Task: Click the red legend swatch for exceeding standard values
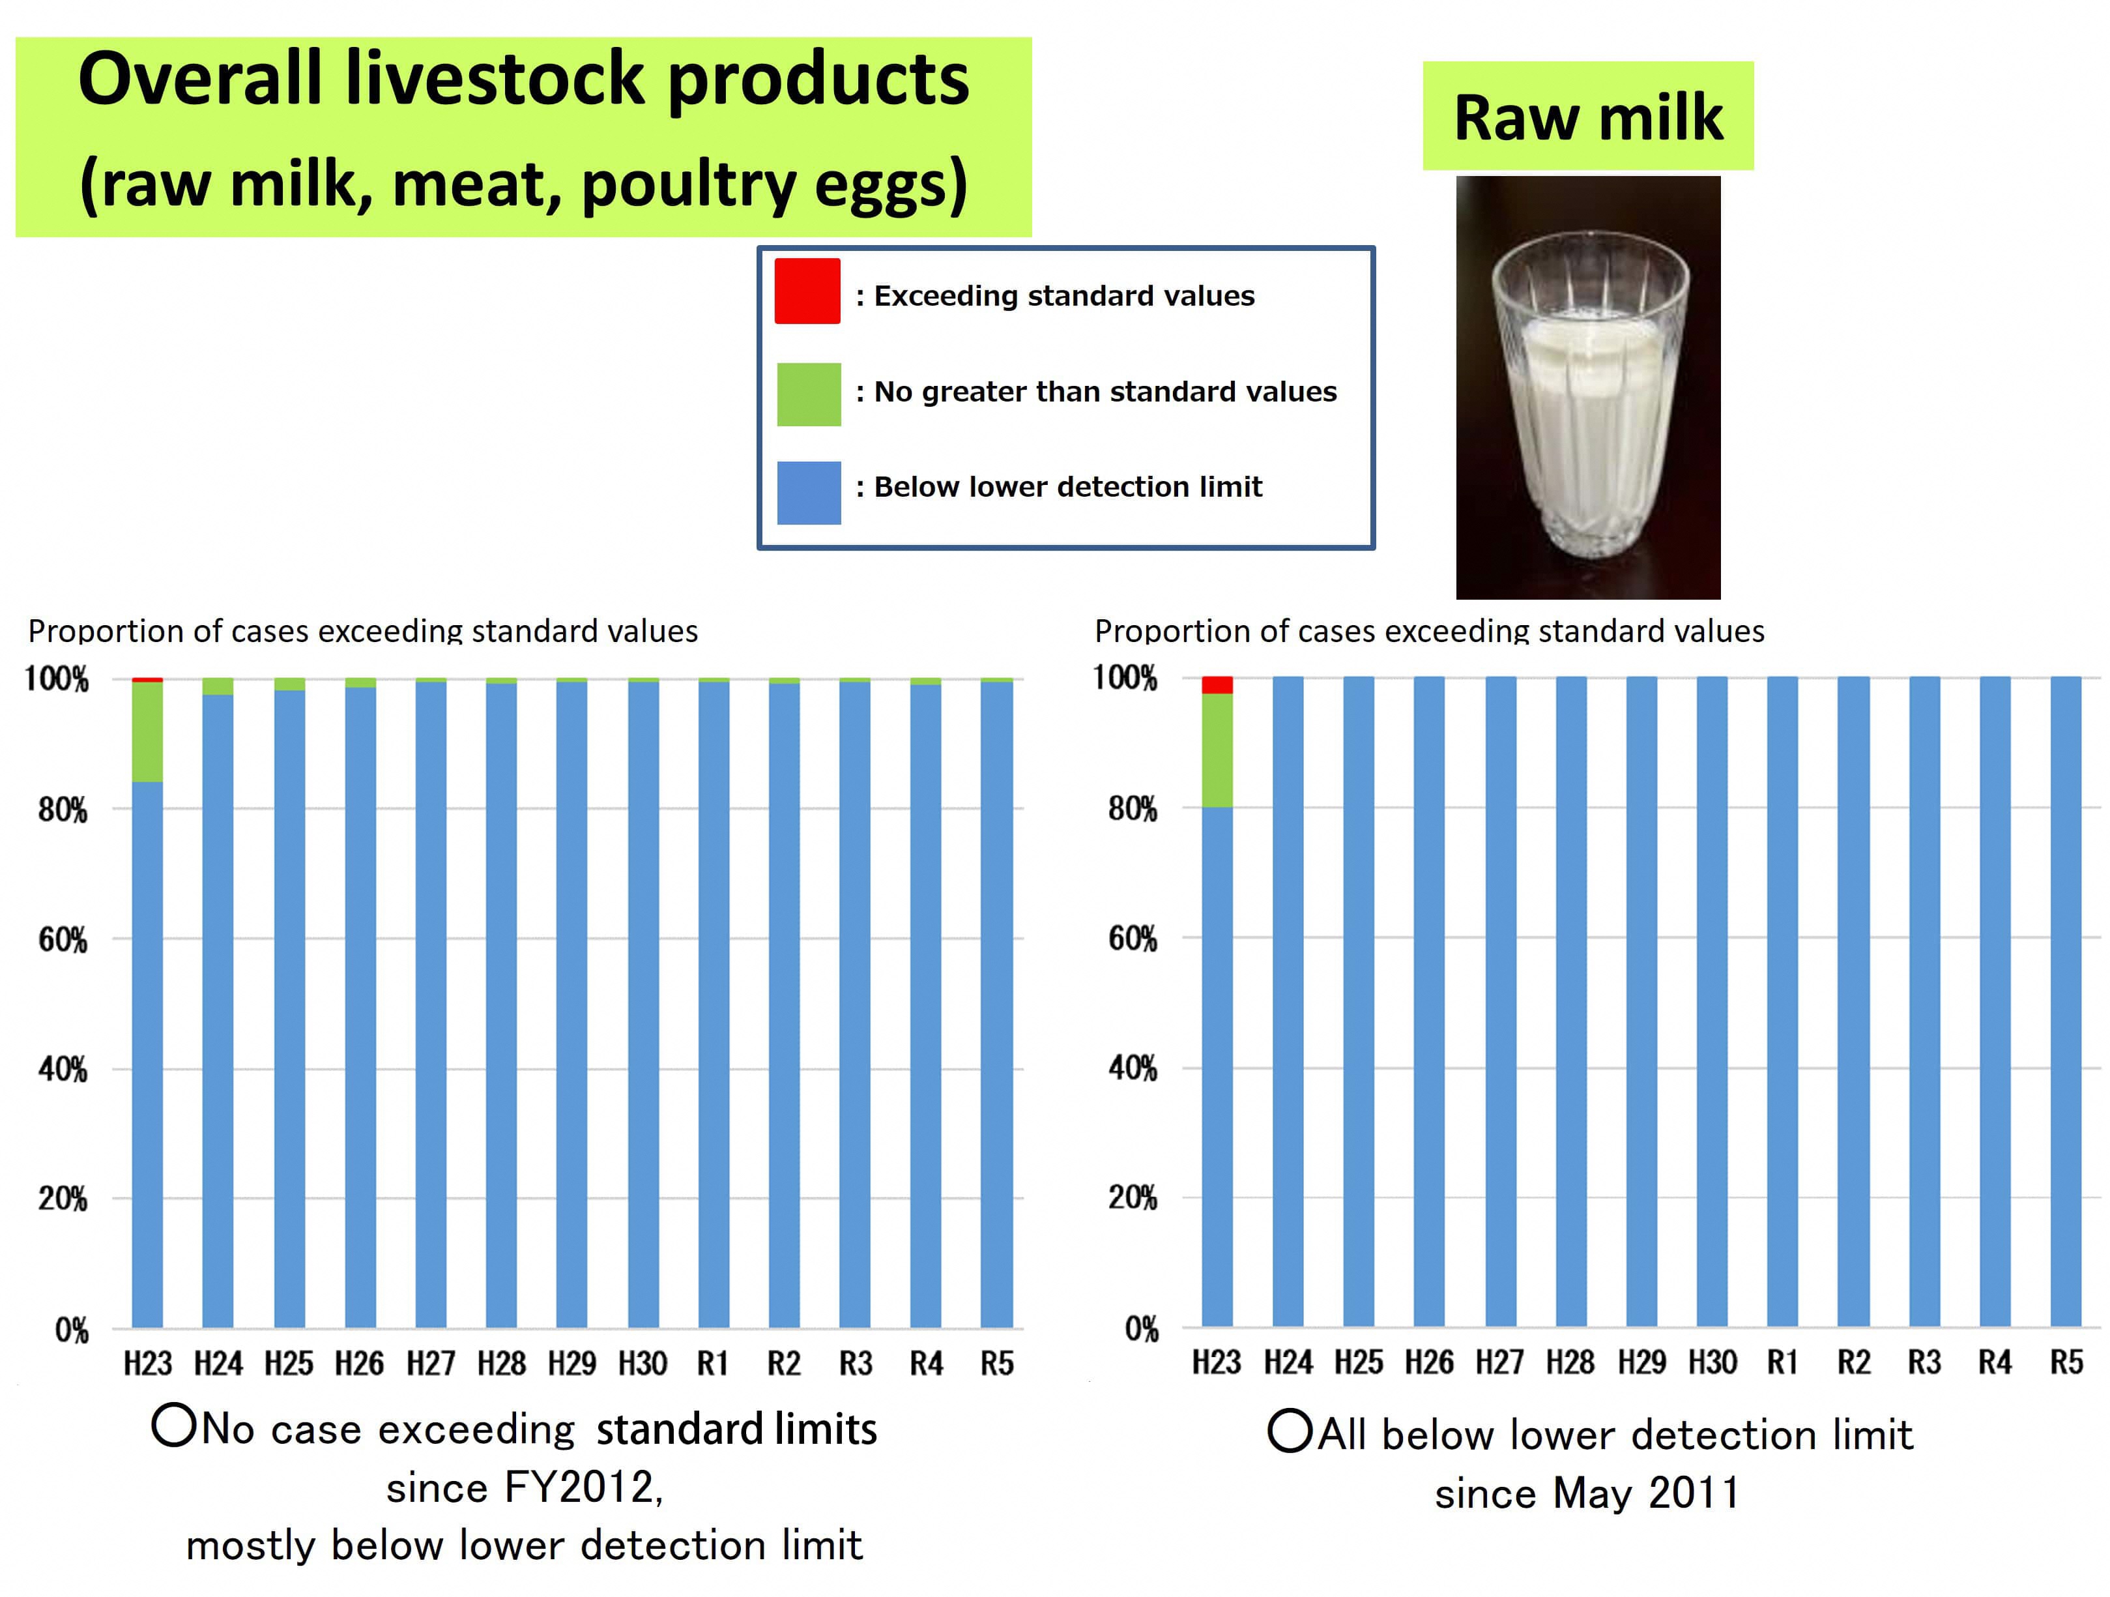(x=807, y=291)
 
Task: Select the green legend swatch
(x=809, y=394)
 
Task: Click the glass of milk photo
(x=1587, y=387)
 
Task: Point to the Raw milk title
(x=1587, y=117)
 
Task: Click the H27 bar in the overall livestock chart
(x=431, y=1002)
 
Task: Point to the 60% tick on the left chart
(x=63, y=941)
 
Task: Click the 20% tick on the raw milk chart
(x=1133, y=1198)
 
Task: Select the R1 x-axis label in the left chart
(x=712, y=1363)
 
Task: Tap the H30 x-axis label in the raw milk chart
(x=1713, y=1362)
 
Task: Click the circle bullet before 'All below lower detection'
(x=1290, y=1432)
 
